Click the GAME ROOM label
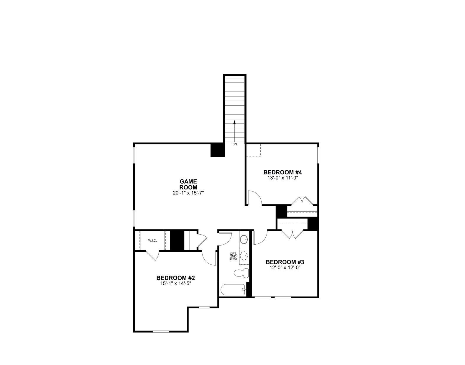[188, 184]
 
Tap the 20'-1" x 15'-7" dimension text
[188, 193]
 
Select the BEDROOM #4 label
[283, 172]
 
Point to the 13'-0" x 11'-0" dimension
[283, 178]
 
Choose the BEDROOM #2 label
[176, 278]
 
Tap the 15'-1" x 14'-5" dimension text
[176, 284]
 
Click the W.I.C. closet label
[152, 241]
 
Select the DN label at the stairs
[234, 144]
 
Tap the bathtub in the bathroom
[232, 290]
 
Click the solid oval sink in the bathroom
[244, 240]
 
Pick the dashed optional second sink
[244, 256]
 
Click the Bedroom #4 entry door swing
[254, 197]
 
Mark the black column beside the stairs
[218, 150]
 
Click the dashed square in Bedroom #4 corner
[254, 150]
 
